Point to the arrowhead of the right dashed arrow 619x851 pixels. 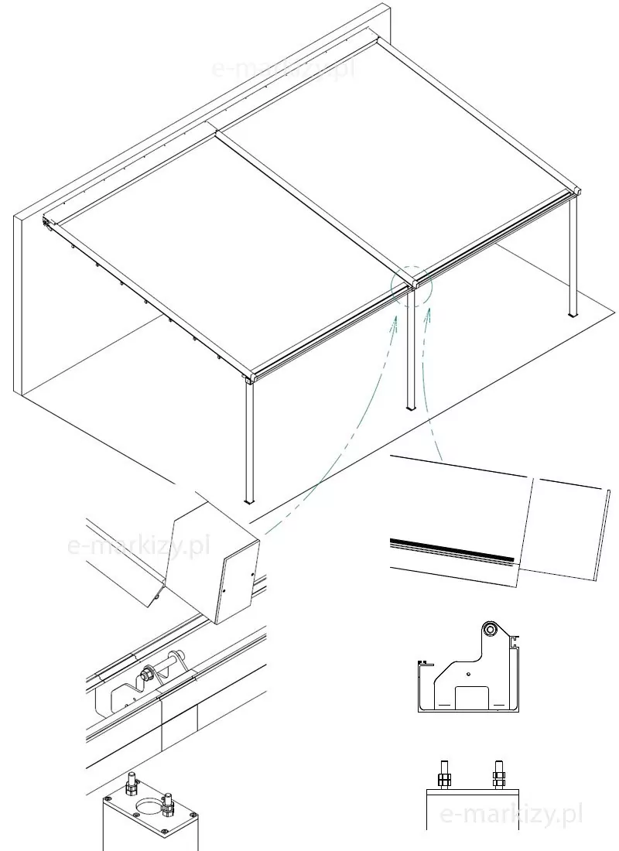(429, 312)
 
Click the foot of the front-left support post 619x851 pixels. (249, 501)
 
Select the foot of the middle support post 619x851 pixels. (411, 407)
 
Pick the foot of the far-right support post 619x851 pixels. (573, 314)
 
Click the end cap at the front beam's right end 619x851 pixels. (577, 193)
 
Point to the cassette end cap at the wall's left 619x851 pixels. (46, 223)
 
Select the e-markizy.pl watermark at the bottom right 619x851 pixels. (510, 814)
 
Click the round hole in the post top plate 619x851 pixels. (150, 807)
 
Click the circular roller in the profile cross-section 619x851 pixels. (491, 629)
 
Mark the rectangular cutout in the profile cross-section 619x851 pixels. (472, 697)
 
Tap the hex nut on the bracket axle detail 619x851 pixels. (146, 675)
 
